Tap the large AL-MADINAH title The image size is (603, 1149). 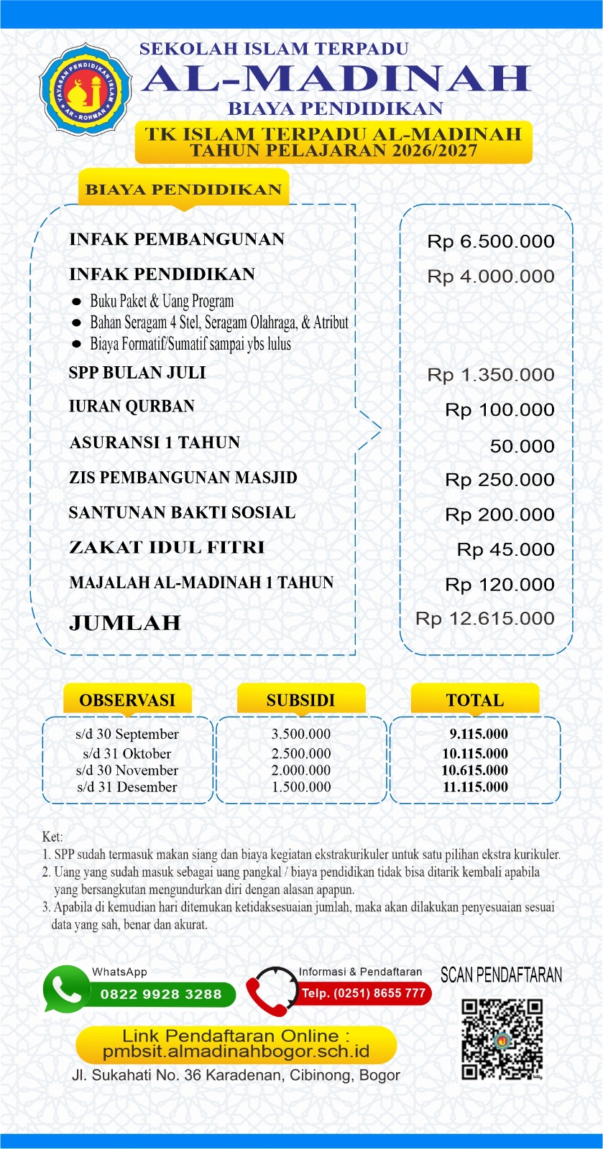(336, 78)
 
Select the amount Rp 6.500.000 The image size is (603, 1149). (490, 241)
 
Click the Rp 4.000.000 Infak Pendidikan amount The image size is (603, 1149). (490, 276)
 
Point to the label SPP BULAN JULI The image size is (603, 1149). (137, 373)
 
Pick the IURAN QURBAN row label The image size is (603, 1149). (132, 406)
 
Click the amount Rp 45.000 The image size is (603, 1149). (505, 550)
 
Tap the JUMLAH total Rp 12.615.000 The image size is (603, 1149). (484, 619)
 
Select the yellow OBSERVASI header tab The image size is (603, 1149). (127, 699)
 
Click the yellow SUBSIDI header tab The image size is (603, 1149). (300, 699)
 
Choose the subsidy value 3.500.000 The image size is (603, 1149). (301, 734)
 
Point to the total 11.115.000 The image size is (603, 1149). (475, 787)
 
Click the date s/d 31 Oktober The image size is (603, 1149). (127, 753)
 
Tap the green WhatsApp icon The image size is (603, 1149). (66, 990)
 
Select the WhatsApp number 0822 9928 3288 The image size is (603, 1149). (161, 995)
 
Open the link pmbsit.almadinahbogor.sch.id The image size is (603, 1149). (236, 1052)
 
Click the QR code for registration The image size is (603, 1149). (502, 1038)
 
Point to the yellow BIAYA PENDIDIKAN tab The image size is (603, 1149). (183, 190)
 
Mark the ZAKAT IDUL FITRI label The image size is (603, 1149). (167, 548)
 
